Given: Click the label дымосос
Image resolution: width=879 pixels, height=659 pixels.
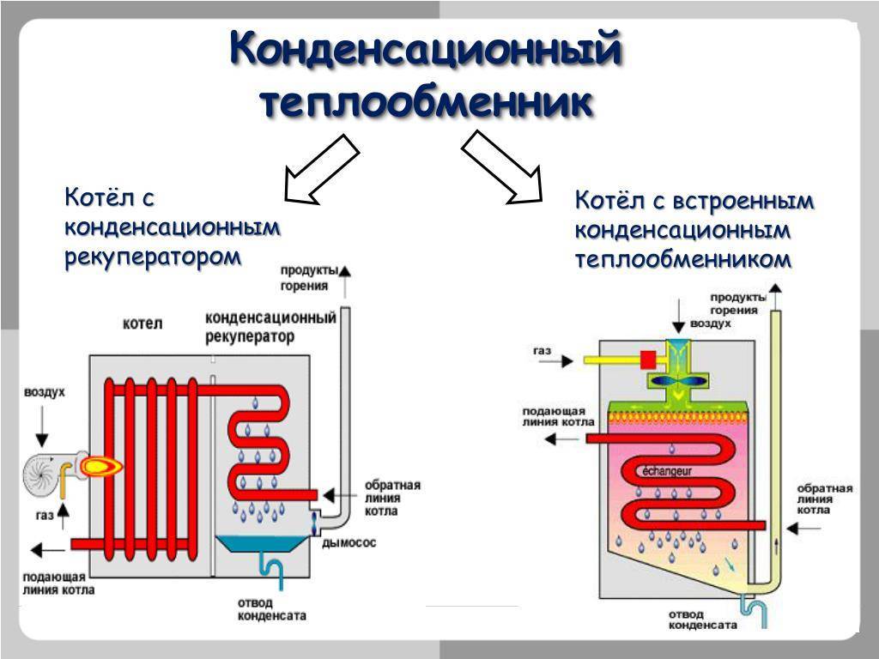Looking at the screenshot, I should pos(349,543).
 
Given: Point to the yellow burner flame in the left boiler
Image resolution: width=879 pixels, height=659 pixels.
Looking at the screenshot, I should pos(100,466).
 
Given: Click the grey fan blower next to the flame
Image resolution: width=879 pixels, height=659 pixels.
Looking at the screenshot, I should pos(46,473).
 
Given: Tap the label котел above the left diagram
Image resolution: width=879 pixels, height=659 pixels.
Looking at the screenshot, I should pos(142,323).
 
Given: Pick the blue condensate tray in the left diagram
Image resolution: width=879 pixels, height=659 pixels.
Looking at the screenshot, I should pos(263,544).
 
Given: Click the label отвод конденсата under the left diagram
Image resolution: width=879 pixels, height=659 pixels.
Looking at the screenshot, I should pos(270,608).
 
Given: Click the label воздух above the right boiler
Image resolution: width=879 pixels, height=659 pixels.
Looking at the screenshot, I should pos(710,324).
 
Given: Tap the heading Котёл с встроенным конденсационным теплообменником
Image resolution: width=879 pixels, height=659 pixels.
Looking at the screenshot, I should pos(694,230).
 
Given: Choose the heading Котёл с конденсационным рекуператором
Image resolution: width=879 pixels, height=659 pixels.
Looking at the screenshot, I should pos(173,227).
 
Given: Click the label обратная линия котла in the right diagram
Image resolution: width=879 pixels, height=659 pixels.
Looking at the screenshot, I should pos(824,499).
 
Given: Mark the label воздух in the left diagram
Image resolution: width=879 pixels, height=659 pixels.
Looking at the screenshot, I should pos(44,391).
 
